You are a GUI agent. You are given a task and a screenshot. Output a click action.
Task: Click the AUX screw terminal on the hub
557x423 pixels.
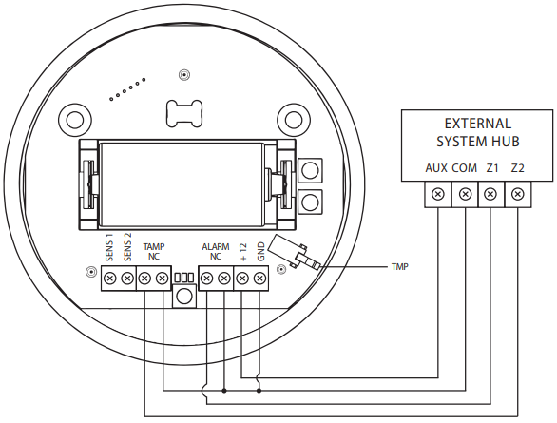438,194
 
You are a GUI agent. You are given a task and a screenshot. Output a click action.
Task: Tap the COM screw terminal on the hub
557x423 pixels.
465,194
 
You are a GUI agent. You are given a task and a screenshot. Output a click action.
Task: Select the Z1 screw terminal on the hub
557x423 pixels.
490,194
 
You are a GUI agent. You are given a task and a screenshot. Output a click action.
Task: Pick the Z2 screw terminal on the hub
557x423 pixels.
518,194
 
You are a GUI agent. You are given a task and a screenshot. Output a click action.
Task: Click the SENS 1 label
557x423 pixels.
109,247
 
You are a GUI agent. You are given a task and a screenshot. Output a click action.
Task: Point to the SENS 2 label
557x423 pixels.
127,247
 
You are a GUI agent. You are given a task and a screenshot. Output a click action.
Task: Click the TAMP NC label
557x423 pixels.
154,251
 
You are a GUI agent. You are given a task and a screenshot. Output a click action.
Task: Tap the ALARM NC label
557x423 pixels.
215,251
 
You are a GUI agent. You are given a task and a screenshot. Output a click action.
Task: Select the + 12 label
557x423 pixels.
243,252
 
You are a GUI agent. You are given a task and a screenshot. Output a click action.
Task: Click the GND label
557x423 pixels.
261,252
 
